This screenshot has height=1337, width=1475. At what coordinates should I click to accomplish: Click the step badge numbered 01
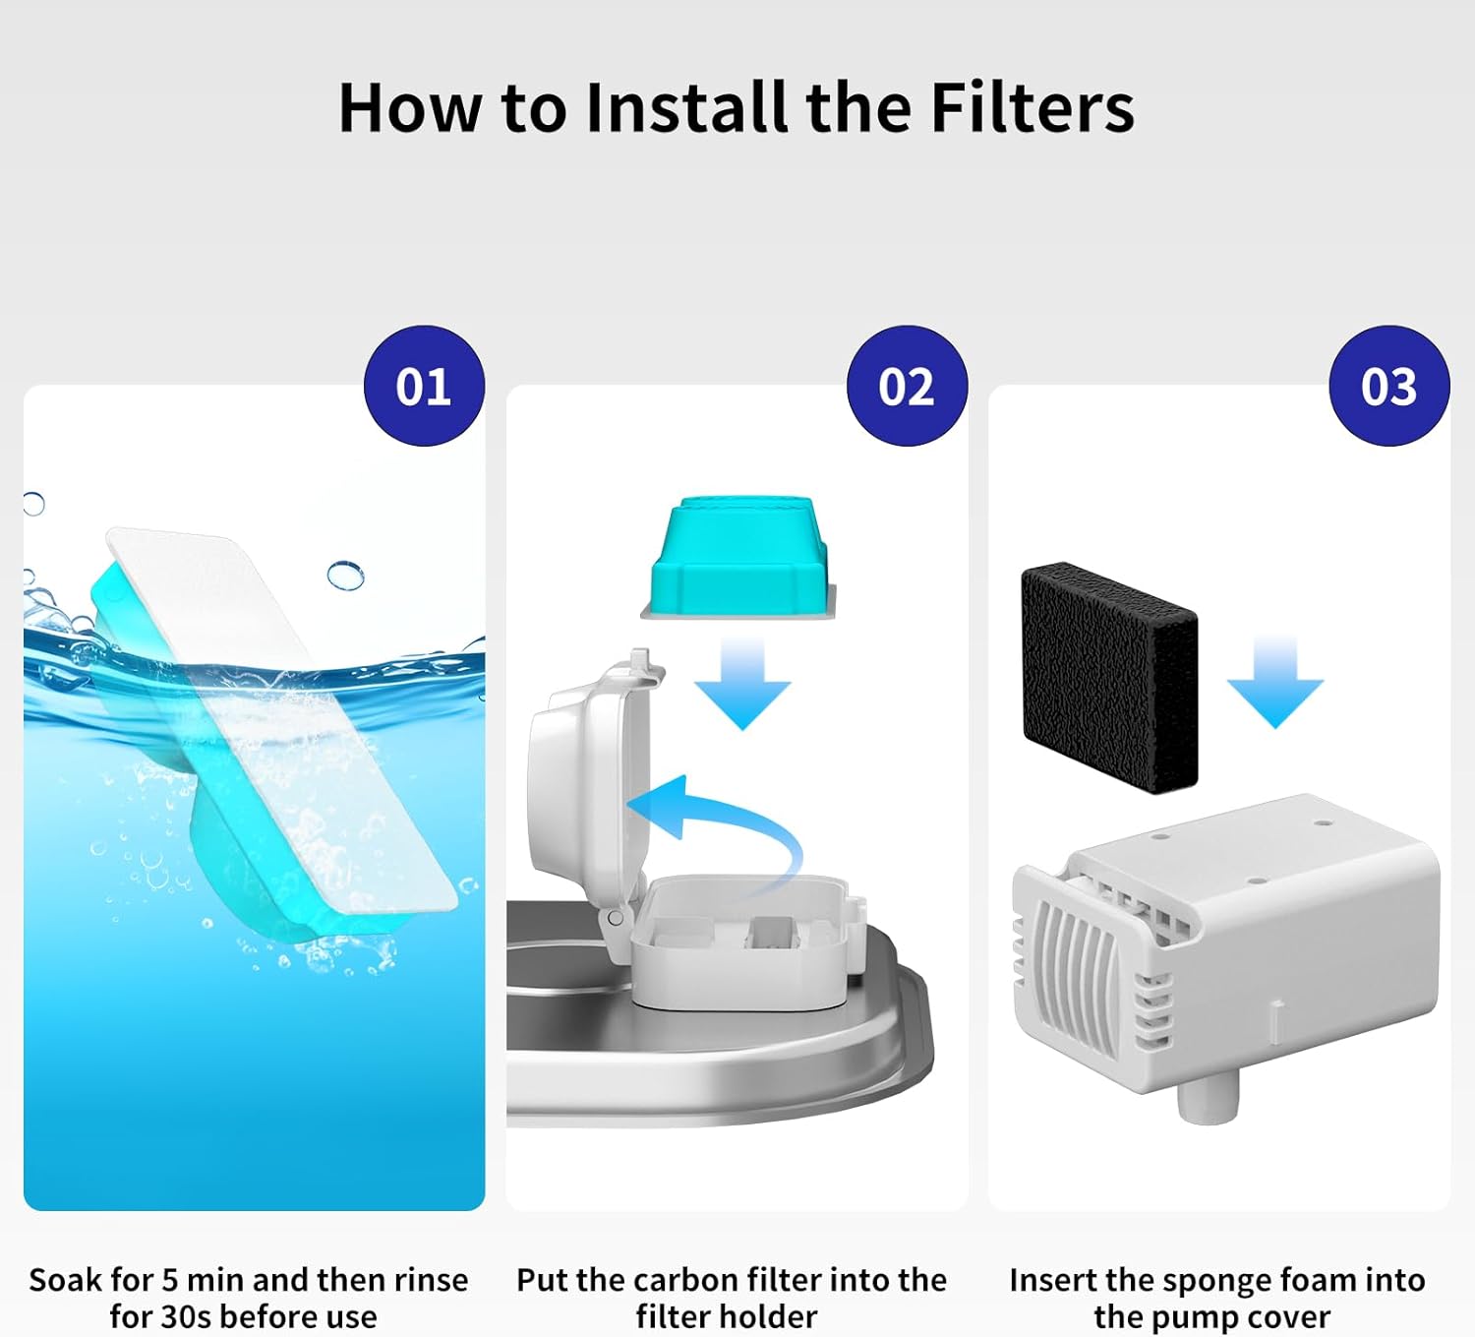click(x=424, y=386)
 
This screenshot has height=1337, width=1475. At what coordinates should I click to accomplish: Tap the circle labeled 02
click(x=907, y=386)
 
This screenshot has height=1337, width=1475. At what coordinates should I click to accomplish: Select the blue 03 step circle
click(x=1388, y=386)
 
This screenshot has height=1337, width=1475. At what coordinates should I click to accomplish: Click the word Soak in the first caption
click(x=66, y=1280)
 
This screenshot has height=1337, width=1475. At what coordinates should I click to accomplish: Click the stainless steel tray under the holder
click(x=718, y=1063)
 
